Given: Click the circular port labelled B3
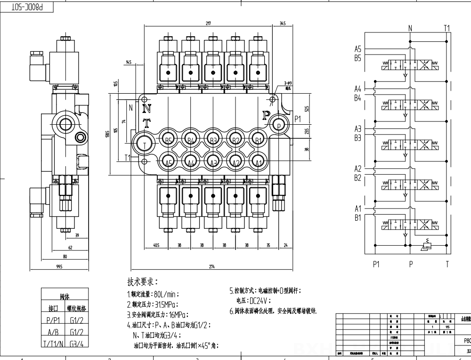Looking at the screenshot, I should coord(213,140).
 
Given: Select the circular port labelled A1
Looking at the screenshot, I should coord(258,162).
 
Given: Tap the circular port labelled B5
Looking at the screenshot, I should coord(168,140).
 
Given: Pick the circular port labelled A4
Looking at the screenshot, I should coord(191,162).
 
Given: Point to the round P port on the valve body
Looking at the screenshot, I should coord(278,125).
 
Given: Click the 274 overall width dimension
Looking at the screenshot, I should coord(212,267).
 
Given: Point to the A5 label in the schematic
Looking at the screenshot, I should coord(357,49).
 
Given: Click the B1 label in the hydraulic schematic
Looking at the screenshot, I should coord(357,217).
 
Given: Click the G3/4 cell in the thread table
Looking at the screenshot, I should coord(77,344).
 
